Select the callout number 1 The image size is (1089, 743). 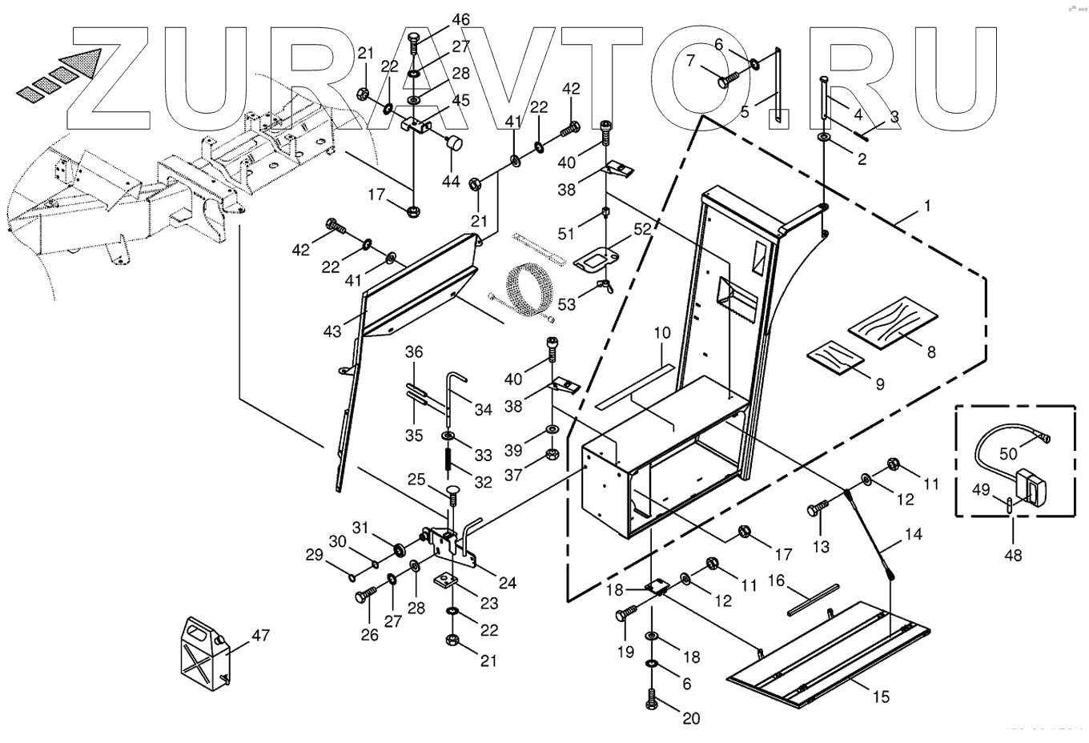[927, 206]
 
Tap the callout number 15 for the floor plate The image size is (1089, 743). [880, 697]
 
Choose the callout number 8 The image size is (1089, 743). [930, 351]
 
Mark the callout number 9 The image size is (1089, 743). [879, 384]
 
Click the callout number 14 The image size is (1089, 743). [914, 534]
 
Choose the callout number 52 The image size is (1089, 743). [641, 229]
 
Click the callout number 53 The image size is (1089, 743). [567, 304]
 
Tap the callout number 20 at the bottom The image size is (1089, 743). [691, 718]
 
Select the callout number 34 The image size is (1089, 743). [483, 410]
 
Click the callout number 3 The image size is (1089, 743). [894, 117]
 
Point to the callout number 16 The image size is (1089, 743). [776, 580]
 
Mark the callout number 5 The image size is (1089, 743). [745, 112]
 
